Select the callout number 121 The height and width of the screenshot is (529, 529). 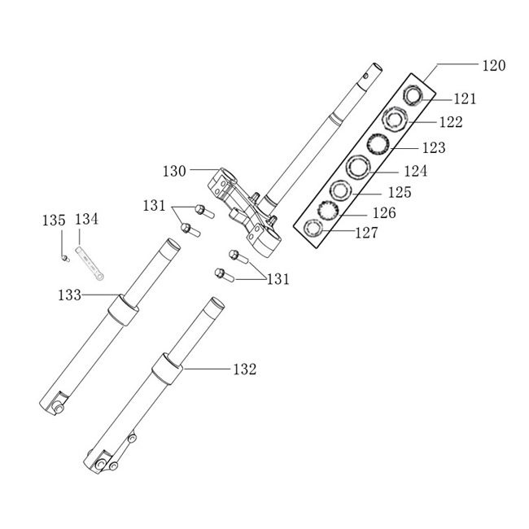[x=465, y=98]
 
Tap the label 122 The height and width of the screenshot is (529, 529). [x=449, y=123]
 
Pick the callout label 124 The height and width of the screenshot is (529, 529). [x=415, y=172]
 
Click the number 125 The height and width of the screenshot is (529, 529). [x=399, y=193]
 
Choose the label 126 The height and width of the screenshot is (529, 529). [x=383, y=213]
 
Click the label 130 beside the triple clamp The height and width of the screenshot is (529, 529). [x=174, y=172]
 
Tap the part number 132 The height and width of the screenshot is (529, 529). [x=243, y=369]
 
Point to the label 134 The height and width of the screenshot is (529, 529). [x=86, y=219]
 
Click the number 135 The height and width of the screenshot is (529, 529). [x=54, y=220]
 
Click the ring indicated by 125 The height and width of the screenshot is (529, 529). [x=339, y=190]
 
